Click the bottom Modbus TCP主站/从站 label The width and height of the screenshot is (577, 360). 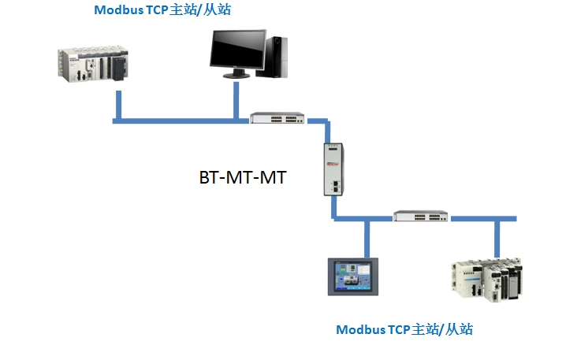pos(404,328)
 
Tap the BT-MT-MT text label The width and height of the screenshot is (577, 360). pos(243,177)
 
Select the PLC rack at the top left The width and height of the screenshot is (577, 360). pos(93,64)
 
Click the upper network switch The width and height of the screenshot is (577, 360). pos(277,119)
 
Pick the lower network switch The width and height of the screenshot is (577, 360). pos(421,216)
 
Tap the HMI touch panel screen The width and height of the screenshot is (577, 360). pos(352,276)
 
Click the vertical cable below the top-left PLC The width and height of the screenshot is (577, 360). pos(117,106)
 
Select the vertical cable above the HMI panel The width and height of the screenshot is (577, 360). pos(367,239)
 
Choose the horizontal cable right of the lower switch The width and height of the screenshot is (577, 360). pos(481,217)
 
